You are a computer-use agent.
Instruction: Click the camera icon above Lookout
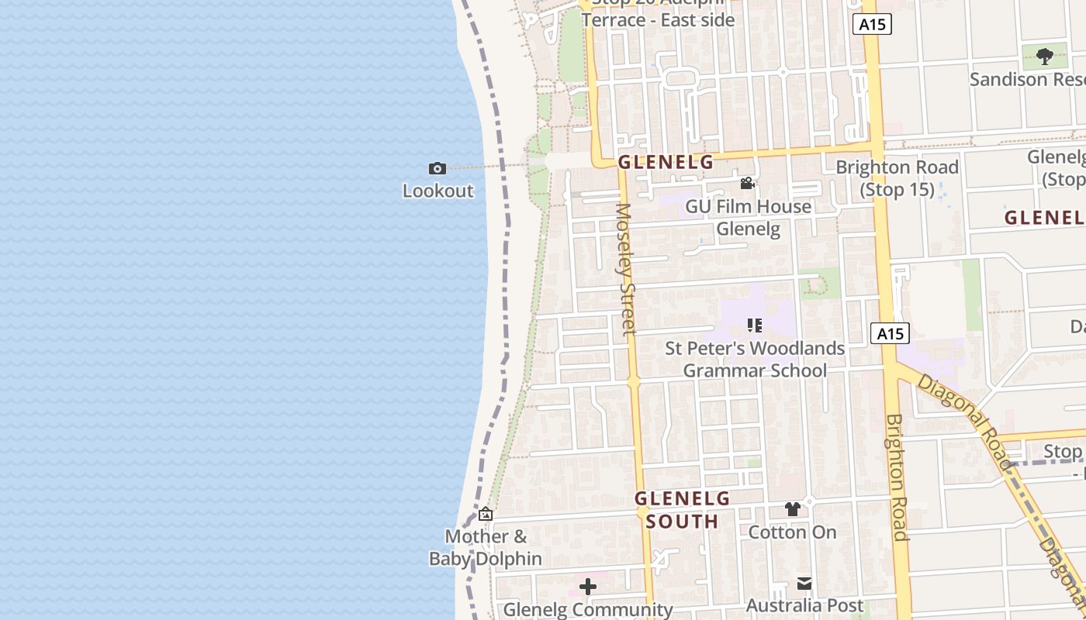[x=438, y=168]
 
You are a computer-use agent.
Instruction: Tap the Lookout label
[x=438, y=191]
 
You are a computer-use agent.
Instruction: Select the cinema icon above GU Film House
[x=747, y=184]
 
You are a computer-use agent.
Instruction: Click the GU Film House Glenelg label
[x=748, y=218]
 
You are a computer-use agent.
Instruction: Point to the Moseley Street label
[x=625, y=269]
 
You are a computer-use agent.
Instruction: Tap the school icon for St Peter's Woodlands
[x=754, y=325]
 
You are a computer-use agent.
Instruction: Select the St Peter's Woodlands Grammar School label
[x=755, y=360]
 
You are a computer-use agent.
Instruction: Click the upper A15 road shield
[x=872, y=24]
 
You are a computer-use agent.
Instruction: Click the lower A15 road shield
[x=889, y=334]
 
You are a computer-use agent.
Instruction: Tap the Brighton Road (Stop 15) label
[x=897, y=178]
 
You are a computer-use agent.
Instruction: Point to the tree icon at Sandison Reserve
[x=1045, y=56]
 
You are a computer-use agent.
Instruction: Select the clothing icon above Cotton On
[x=792, y=509]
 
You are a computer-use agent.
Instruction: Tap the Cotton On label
[x=792, y=532]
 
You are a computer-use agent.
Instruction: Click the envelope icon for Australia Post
[x=804, y=583]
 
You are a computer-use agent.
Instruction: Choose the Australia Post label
[x=804, y=605]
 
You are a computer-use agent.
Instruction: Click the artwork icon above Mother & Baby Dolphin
[x=486, y=514]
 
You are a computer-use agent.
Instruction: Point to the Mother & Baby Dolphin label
[x=486, y=547]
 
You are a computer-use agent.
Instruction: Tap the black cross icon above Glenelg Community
[x=588, y=587]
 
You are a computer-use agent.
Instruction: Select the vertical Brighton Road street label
[x=897, y=477]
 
